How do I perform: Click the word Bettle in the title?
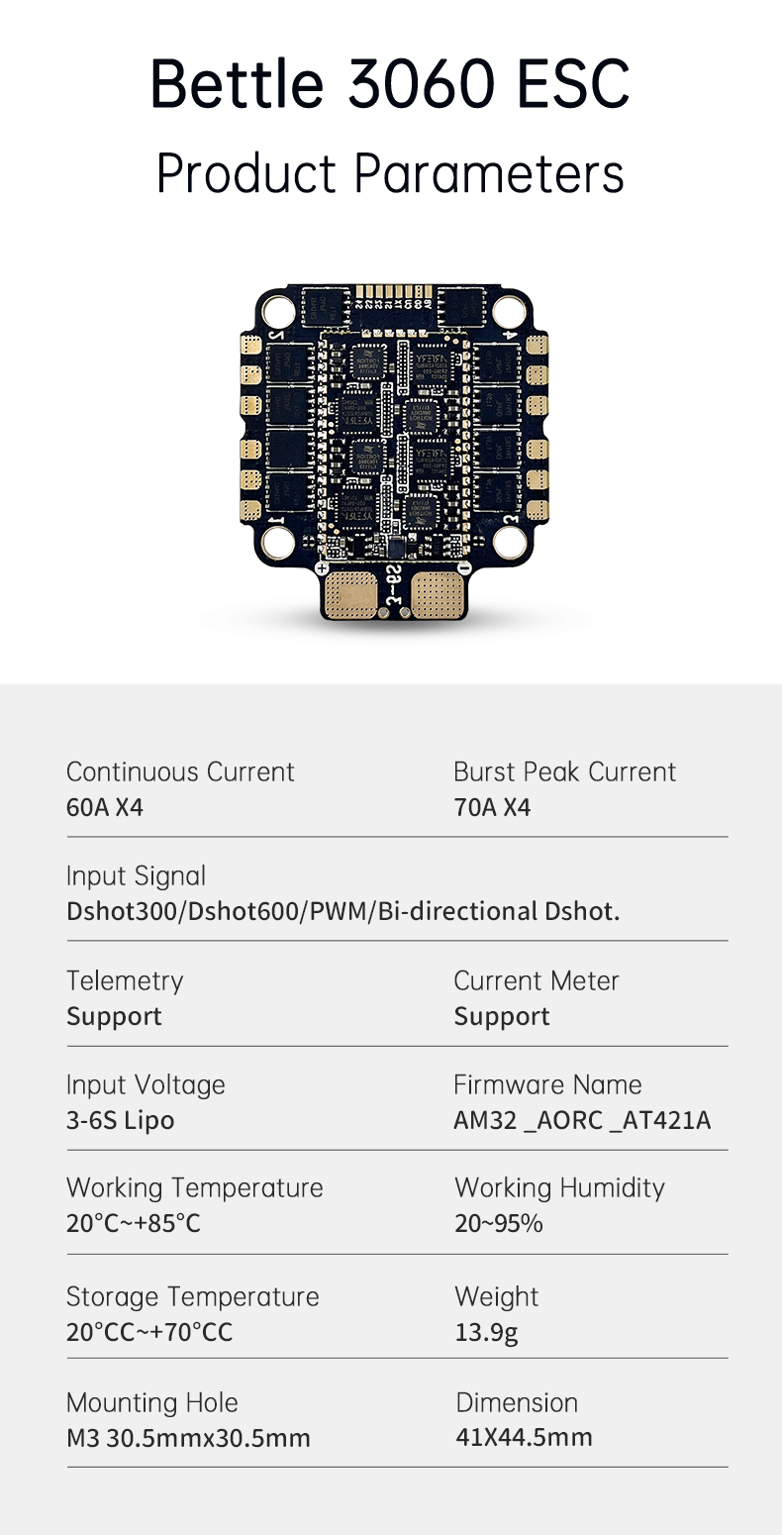(237, 83)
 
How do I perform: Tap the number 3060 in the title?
(421, 83)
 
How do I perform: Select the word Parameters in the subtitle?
(489, 174)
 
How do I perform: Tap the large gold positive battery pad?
(350, 594)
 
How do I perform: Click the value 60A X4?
(105, 807)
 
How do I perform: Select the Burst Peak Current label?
(564, 771)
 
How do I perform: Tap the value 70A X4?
(492, 807)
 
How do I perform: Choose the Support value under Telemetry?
(115, 1017)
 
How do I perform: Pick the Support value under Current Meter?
(502, 1017)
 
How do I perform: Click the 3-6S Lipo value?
(121, 1120)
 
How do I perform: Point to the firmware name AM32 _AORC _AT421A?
(582, 1120)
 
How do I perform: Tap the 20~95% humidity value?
(499, 1223)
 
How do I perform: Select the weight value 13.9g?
(486, 1333)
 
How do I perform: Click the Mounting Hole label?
(152, 1402)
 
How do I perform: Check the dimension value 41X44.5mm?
(524, 1437)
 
